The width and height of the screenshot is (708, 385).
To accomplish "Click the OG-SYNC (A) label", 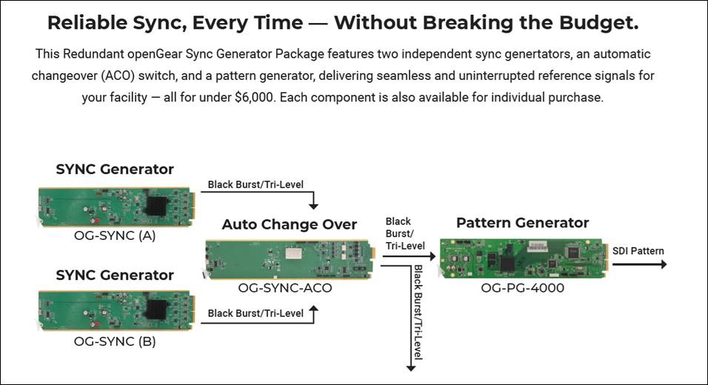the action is point(115,235).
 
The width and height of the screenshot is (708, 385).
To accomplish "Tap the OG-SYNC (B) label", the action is point(115,341).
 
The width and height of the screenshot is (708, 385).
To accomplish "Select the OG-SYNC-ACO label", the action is point(285,288).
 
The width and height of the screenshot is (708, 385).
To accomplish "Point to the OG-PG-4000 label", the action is point(522,288).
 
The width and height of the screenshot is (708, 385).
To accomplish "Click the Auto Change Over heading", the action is point(290,224).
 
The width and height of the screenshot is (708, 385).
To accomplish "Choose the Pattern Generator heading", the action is point(522,223).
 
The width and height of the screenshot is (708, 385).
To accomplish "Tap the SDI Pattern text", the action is point(638,251).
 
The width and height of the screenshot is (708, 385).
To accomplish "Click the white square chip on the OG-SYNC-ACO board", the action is point(293,253).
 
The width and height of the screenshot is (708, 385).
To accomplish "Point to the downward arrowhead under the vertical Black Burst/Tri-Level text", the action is point(411,368).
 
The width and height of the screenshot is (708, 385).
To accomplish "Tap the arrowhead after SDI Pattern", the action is point(664,264).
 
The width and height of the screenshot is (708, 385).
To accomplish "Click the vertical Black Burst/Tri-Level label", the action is point(418,312).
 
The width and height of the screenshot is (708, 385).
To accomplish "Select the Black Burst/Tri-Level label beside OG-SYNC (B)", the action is point(256,313).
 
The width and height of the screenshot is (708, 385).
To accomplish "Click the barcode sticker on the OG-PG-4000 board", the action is point(538,247).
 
